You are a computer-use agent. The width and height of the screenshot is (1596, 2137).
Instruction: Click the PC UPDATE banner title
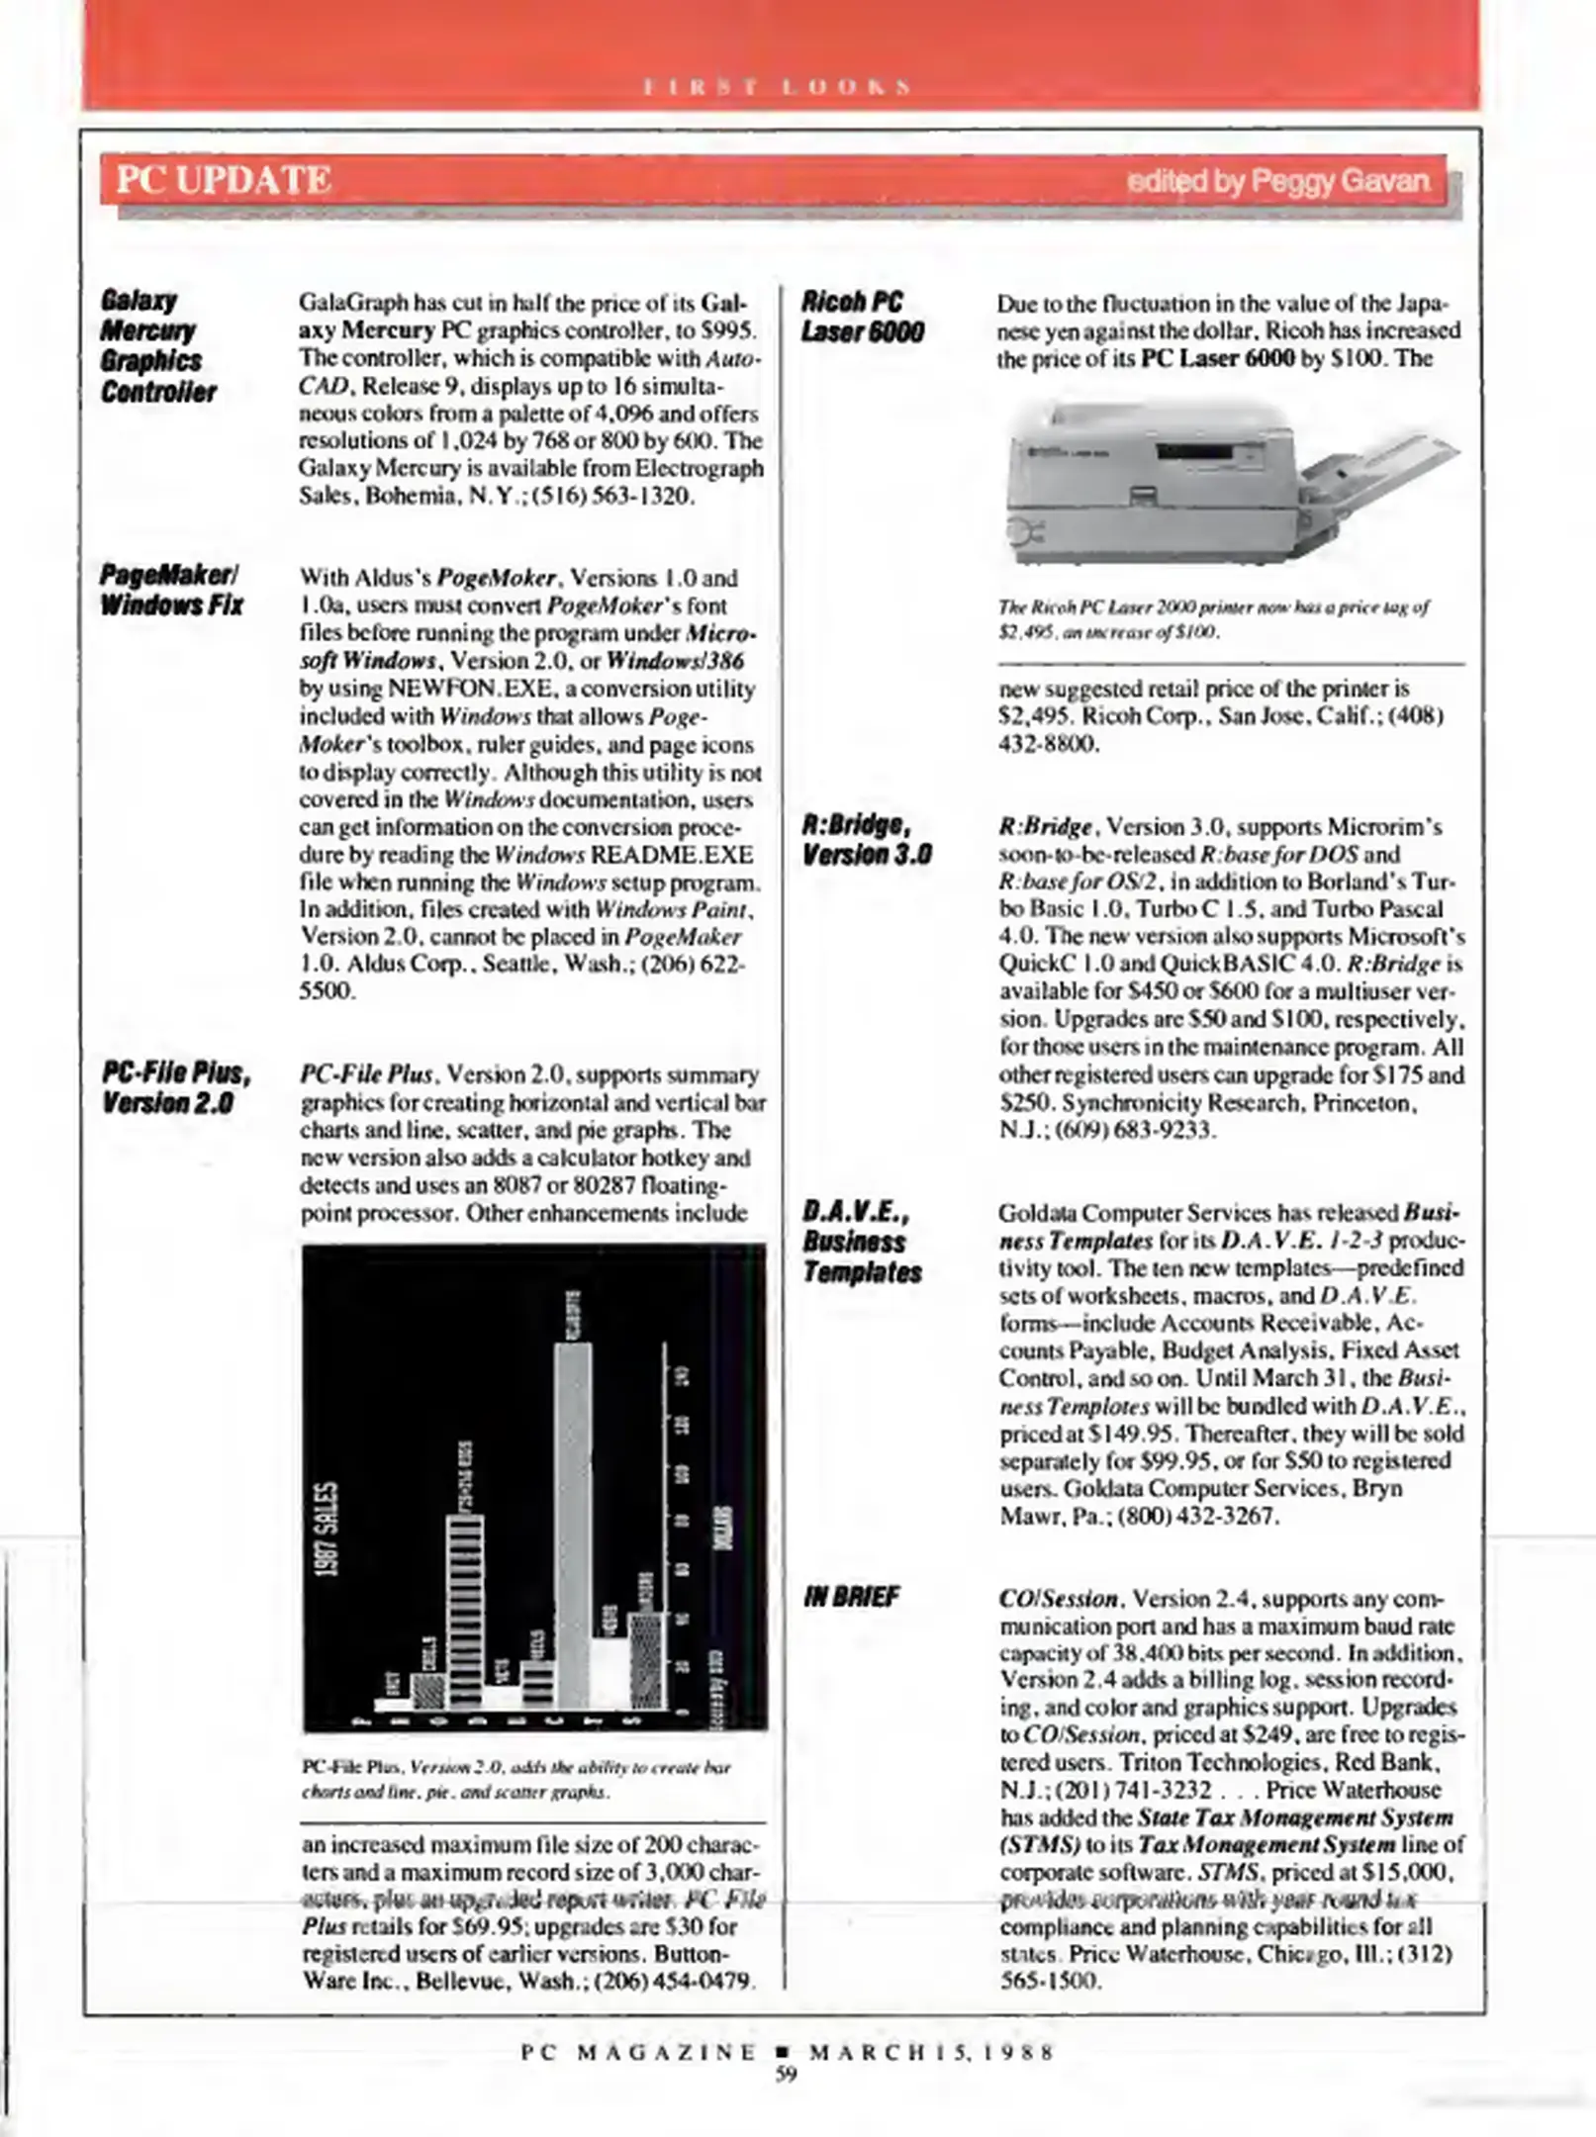(224, 180)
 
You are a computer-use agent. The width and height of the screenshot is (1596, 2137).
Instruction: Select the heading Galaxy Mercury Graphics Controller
(157, 345)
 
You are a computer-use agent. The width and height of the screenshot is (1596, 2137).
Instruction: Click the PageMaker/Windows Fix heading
(171, 590)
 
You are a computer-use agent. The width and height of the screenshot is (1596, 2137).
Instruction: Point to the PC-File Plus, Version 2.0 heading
(176, 1087)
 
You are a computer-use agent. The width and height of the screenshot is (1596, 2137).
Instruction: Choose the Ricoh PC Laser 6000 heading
(862, 317)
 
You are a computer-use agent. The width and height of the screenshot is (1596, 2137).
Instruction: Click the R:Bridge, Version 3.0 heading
(866, 839)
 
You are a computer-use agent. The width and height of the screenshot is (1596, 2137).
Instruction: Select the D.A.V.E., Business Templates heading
(861, 1242)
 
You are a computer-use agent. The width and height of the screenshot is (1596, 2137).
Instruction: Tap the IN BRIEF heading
(851, 1596)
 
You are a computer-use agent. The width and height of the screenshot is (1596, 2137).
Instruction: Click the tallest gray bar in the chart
(573, 1524)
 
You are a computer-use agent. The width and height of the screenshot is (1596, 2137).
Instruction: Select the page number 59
(786, 2074)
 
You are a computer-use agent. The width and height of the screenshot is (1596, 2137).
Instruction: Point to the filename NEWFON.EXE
(457, 689)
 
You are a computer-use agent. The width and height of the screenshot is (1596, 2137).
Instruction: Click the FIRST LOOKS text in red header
(777, 87)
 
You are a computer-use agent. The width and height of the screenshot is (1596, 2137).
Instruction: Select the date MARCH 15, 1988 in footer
(931, 2051)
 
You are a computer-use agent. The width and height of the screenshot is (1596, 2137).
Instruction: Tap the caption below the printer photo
(1213, 618)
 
